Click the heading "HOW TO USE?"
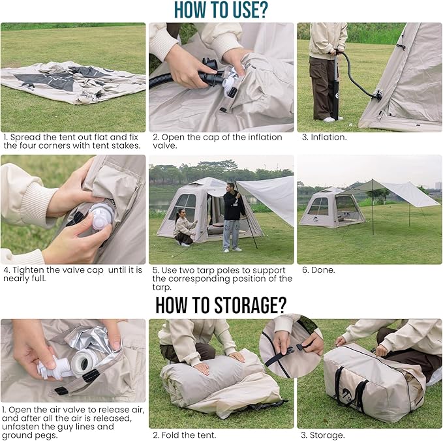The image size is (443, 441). pyautogui.click(x=221, y=10)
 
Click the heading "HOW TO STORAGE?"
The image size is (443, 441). pyautogui.click(x=221, y=305)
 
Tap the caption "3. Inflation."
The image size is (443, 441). pyautogui.click(x=324, y=138)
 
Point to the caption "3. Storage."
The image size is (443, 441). pyautogui.click(x=322, y=434)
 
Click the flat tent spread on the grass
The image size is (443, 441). pyautogui.click(x=72, y=82)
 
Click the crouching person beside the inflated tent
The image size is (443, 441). pyautogui.click(x=184, y=229)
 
